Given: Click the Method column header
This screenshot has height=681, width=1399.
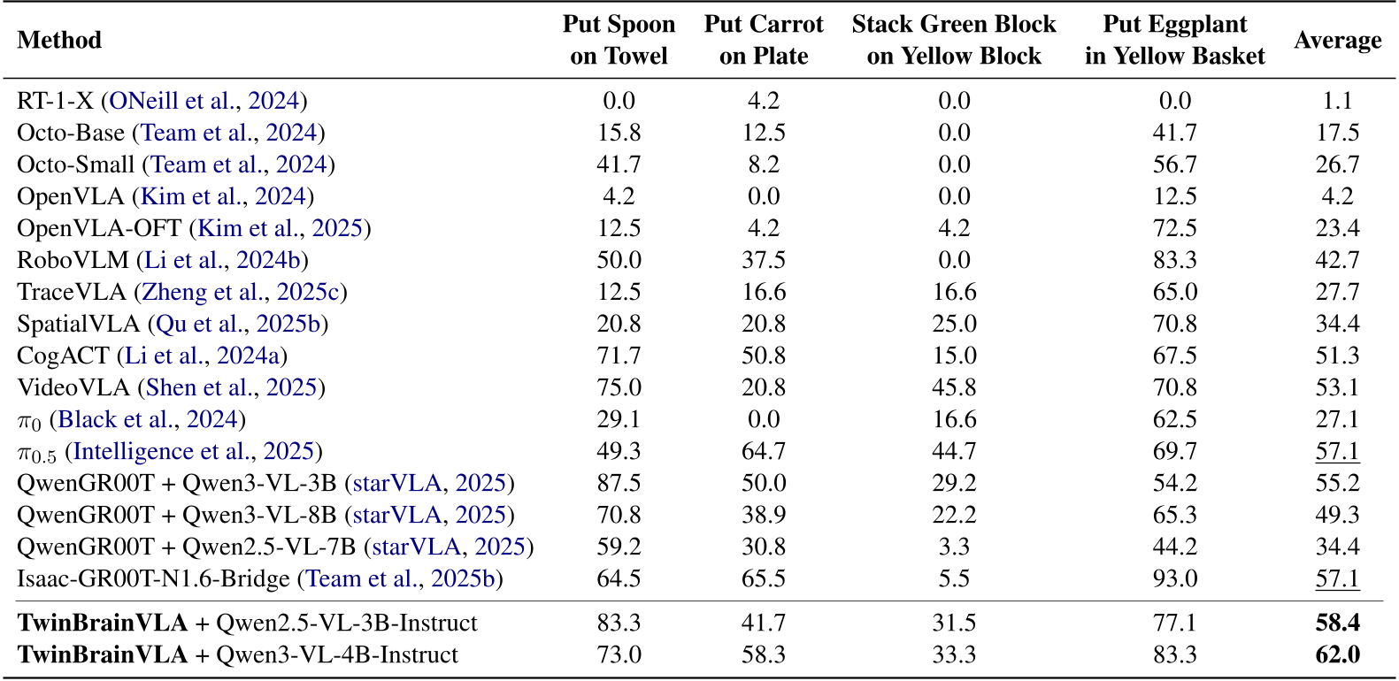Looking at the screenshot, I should pyautogui.click(x=59, y=40).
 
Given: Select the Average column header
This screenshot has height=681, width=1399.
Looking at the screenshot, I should pyautogui.click(x=1337, y=40).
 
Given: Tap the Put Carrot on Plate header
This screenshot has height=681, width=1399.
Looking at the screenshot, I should pyautogui.click(x=763, y=40).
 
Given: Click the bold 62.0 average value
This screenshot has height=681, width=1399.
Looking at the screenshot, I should pyautogui.click(x=1337, y=655).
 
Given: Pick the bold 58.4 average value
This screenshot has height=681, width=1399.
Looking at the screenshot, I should pyautogui.click(x=1337, y=624).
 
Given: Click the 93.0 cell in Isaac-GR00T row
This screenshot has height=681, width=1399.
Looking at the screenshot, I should pyautogui.click(x=1174, y=579).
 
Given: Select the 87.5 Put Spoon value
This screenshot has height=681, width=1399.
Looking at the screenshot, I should pyautogui.click(x=619, y=484).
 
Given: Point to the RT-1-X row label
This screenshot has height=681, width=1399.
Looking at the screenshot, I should pyautogui.click(x=54, y=101).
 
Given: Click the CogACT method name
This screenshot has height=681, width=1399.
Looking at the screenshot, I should pyautogui.click(x=63, y=356).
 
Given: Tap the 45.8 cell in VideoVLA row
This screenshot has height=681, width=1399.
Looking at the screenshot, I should pyautogui.click(x=953, y=387).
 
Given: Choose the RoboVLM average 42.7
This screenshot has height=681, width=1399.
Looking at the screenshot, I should pyautogui.click(x=1337, y=260).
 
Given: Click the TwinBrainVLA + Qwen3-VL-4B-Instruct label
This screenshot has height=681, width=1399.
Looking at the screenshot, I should pyautogui.click(x=237, y=655).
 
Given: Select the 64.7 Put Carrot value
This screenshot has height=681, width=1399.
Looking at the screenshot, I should pyautogui.click(x=763, y=451).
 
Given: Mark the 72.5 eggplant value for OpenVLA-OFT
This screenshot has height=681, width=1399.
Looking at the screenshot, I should pyautogui.click(x=1174, y=228).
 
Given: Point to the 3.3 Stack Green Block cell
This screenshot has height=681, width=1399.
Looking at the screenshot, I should pyautogui.click(x=953, y=547).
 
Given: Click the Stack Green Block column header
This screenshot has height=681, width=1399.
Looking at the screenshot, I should pyautogui.click(x=953, y=40).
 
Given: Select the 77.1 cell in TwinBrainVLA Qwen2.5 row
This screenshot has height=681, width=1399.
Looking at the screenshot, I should pyautogui.click(x=1174, y=624).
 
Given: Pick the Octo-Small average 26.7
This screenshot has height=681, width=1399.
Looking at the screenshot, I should pyautogui.click(x=1337, y=165).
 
